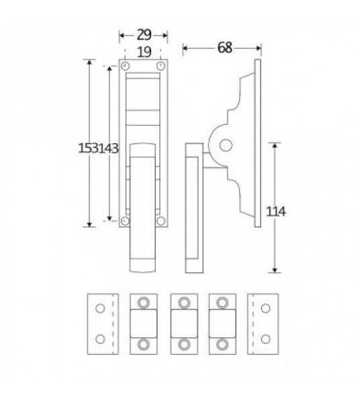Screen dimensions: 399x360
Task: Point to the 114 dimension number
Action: tap(277, 212)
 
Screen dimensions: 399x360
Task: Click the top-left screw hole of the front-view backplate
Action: tap(126, 66)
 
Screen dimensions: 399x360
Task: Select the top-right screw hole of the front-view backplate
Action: tap(161, 66)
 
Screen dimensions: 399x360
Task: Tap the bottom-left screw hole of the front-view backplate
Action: tap(126, 220)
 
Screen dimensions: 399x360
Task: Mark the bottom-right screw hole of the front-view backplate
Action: tap(161, 220)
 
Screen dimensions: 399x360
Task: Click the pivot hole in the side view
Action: tap(226, 144)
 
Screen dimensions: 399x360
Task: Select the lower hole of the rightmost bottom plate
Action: tap(265, 335)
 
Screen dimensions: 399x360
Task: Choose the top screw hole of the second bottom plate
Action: tap(142, 302)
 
